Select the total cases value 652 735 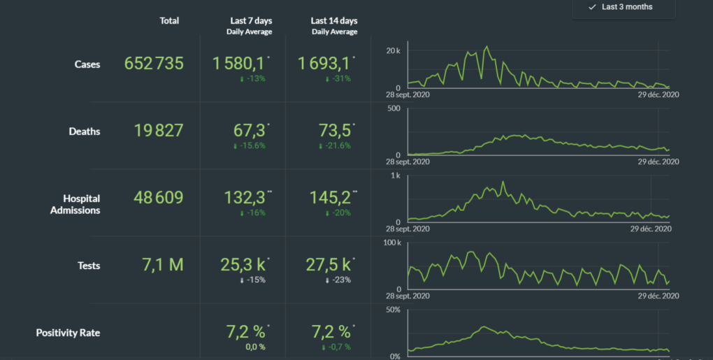154,64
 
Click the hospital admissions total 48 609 159,198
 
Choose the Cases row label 87,64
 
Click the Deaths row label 85,131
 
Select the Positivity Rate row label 68,333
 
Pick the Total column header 169,21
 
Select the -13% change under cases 252,79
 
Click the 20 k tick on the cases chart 393,51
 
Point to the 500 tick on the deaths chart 394,108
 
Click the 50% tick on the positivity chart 392,310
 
